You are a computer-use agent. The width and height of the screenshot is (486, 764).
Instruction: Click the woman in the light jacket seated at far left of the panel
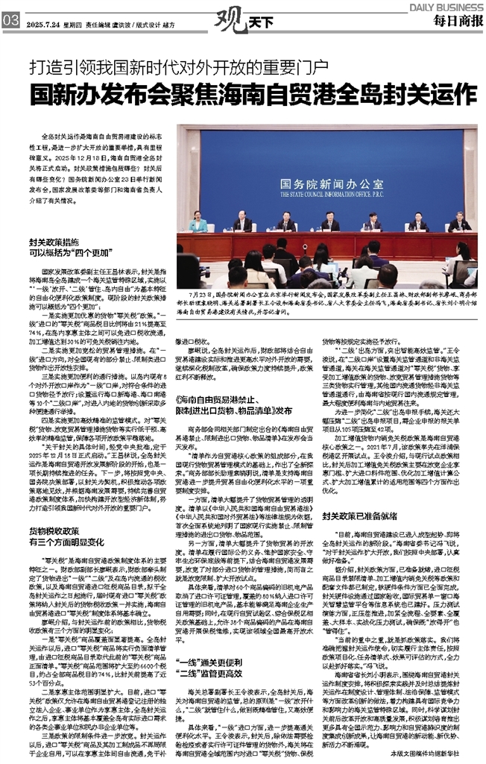tap(198, 222)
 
